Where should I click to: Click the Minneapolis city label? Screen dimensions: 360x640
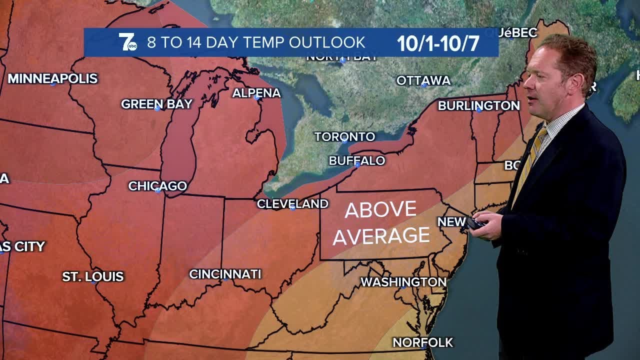(52, 78)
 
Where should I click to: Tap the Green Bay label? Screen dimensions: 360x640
(156, 104)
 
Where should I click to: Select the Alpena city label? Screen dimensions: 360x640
(256, 93)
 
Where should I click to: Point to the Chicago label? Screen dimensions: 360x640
(157, 186)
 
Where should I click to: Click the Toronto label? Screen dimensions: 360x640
(344, 136)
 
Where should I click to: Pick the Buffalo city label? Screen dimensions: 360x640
(357, 160)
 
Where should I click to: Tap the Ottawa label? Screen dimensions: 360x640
(423, 80)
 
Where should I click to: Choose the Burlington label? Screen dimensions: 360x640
(478, 105)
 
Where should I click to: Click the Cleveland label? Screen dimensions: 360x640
(292, 203)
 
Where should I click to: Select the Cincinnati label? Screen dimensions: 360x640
(225, 274)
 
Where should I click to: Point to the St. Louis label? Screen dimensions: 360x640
(93, 276)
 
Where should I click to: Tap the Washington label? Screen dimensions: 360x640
(403, 282)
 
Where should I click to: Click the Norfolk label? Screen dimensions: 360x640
(422, 342)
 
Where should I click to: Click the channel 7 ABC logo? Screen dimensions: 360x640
(127, 42)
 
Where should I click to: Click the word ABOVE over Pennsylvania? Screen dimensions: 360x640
(380, 210)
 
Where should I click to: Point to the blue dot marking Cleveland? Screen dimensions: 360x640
(293, 208)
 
